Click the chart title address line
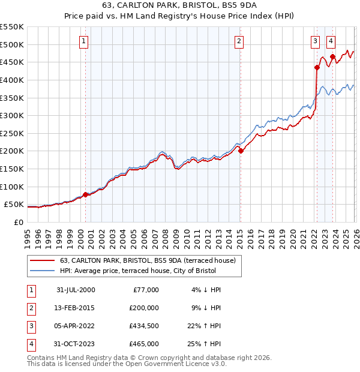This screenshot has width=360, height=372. [179, 5]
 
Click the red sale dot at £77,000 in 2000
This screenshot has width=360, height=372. [85, 194]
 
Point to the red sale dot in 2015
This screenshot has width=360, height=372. [240, 151]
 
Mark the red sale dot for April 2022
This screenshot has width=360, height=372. [317, 67]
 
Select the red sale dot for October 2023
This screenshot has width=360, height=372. [333, 56]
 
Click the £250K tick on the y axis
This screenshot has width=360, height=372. [12, 133]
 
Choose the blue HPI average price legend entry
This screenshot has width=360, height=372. [141, 271]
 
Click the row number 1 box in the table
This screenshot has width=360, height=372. [31, 290]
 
